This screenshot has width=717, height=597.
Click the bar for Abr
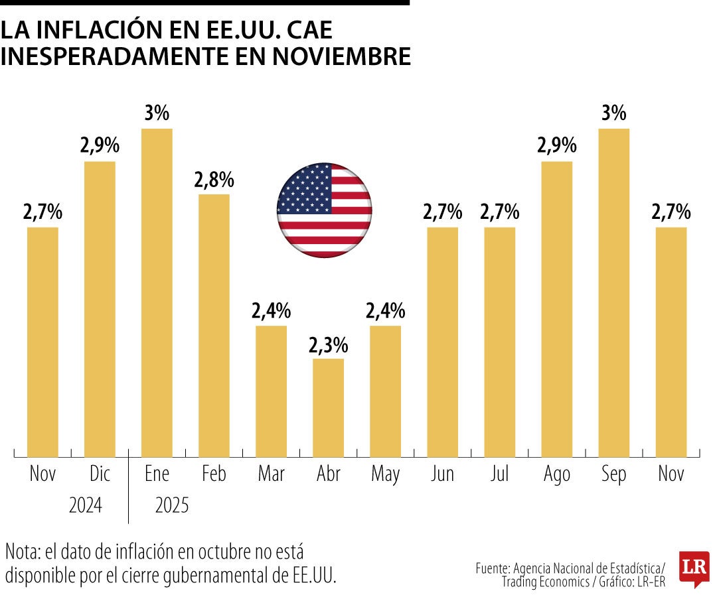point(328,407)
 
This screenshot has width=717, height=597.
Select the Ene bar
point(157,292)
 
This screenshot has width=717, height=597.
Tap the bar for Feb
point(214,325)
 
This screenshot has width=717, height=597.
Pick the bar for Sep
point(613,292)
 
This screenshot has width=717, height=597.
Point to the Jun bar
point(442,342)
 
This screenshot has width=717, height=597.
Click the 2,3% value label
point(328,346)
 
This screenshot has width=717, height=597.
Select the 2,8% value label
point(214,180)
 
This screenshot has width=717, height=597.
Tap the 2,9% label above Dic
point(100,147)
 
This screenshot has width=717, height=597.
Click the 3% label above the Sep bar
point(613,113)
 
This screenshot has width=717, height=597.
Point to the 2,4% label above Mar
point(271,311)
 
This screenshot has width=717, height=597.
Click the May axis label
point(385,475)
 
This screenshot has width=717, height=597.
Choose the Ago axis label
point(556,475)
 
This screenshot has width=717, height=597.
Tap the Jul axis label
point(499,475)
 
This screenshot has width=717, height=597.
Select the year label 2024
point(86,506)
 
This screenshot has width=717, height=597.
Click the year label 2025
point(172,506)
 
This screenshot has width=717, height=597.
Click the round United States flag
point(324,210)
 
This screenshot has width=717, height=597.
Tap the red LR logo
point(694,568)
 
